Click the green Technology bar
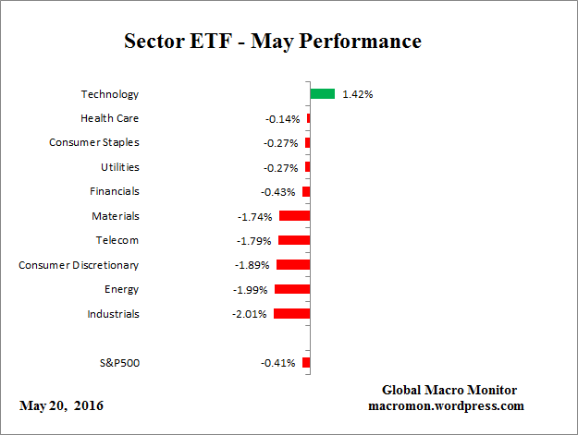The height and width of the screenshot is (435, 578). (x=322, y=93)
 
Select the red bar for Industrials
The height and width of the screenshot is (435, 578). (x=292, y=314)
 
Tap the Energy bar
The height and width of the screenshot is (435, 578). (x=292, y=289)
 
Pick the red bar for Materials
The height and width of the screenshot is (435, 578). (x=294, y=216)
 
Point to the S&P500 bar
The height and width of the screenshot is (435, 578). (x=306, y=363)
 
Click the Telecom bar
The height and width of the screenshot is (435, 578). (x=294, y=240)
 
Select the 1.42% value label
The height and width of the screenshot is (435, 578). (x=357, y=94)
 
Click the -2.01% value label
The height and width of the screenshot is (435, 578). (x=251, y=314)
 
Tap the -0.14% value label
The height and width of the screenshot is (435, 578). (x=281, y=119)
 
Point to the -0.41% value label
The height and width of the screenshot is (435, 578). (x=278, y=363)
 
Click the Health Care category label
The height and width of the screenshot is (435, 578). (x=110, y=118)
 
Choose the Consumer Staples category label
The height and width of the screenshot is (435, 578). (x=94, y=142)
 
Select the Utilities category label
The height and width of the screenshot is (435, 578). (x=120, y=167)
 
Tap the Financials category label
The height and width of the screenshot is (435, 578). (x=115, y=191)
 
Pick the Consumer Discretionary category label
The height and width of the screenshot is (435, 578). (x=80, y=265)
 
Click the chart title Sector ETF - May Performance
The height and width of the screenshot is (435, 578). (x=273, y=42)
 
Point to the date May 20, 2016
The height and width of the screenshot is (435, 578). (x=60, y=406)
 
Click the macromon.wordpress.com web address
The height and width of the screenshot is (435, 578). (x=446, y=405)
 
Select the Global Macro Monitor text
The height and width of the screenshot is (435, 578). (x=449, y=391)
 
